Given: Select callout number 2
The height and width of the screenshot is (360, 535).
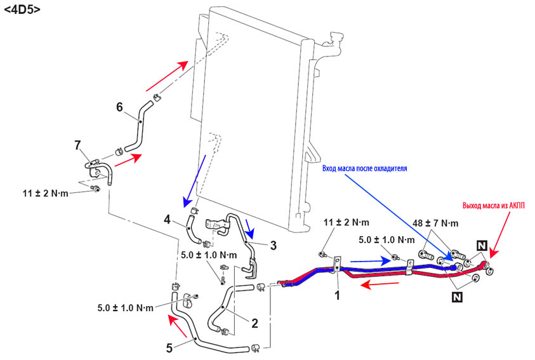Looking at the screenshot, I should click(254, 323).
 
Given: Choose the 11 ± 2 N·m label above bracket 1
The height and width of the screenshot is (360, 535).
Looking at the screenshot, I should click(346, 223).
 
